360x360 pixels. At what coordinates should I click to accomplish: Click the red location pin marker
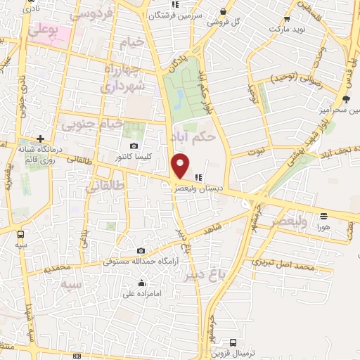[x=181, y=166]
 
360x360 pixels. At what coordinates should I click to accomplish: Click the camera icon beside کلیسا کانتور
[x=134, y=145]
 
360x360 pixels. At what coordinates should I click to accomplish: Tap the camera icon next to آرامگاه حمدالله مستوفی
[x=141, y=251]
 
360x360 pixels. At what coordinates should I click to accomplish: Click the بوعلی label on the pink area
[x=44, y=32]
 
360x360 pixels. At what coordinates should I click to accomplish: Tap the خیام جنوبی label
[x=92, y=126]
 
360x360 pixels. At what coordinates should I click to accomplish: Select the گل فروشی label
[x=224, y=21]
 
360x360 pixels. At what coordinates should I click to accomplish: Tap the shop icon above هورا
[x=323, y=217]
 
